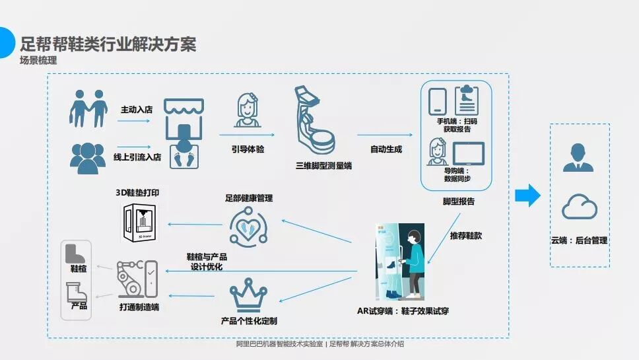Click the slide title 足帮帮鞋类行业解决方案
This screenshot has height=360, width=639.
pos(108,45)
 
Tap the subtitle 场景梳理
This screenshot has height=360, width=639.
pos(38,61)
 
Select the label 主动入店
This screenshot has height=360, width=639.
pos(136,109)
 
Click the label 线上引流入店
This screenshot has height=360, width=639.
pos(137,157)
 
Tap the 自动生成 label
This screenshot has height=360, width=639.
pos(386,149)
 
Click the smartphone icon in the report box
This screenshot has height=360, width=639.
pos(438,101)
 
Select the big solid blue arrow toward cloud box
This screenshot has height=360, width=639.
pos(527,195)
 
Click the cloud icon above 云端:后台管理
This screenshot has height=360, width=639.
pos(579,208)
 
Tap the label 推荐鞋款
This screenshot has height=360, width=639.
pos(465,235)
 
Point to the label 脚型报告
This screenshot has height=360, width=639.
pos(458,201)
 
